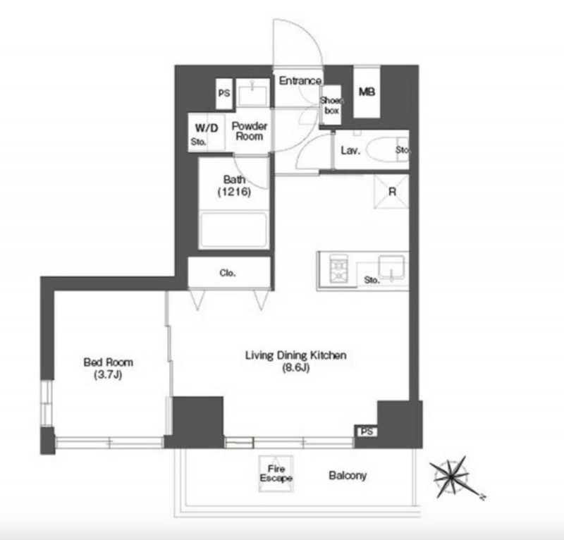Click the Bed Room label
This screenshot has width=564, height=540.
click(x=109, y=362)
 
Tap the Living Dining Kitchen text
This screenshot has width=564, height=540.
click(x=295, y=355)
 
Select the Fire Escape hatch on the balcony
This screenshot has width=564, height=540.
click(x=276, y=474)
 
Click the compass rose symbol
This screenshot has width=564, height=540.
click(x=453, y=477)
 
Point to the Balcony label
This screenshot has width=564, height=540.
click(x=348, y=476)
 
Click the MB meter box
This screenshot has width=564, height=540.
click(x=367, y=92)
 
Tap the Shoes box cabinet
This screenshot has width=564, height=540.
click(x=331, y=105)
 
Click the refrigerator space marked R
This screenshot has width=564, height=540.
click(x=391, y=191)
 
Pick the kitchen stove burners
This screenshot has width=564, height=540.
click(x=339, y=271)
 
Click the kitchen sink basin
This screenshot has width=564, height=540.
click(x=391, y=267)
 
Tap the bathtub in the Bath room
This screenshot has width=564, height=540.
click(x=234, y=230)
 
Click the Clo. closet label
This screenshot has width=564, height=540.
click(x=228, y=273)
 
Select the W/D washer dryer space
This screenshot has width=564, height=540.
click(x=207, y=133)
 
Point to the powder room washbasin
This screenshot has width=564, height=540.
click(x=253, y=95)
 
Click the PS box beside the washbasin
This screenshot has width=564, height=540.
click(x=224, y=94)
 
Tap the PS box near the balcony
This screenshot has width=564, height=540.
click(x=367, y=431)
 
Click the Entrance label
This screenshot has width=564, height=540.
click(x=300, y=80)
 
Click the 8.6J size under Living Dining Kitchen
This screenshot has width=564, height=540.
click(x=295, y=368)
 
